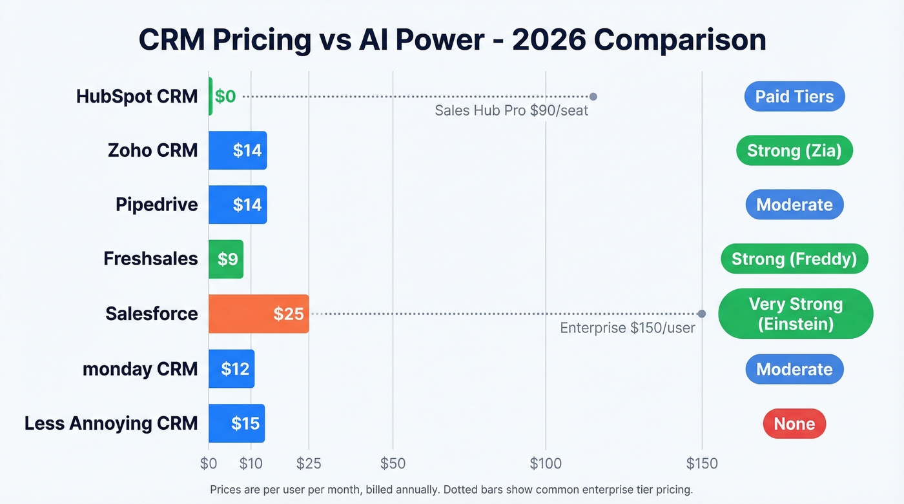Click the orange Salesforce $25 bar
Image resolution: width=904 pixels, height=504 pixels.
258,314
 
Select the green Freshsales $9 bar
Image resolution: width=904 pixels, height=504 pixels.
226,259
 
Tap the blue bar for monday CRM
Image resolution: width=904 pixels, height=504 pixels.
231,369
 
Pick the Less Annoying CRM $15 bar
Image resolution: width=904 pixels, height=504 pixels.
236,423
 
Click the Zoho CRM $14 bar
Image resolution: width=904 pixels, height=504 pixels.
238,150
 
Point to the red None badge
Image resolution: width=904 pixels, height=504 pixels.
794,424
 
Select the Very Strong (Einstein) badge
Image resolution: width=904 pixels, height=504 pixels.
795,314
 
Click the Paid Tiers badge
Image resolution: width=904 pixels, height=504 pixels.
794,97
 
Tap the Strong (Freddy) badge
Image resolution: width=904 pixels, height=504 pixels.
794,259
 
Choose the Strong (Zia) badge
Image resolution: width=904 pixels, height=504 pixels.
794,151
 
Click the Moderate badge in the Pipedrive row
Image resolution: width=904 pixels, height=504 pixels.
794,205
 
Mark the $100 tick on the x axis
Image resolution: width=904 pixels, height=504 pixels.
546,463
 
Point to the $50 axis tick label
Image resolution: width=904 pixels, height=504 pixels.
393,463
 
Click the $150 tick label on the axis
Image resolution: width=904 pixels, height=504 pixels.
702,463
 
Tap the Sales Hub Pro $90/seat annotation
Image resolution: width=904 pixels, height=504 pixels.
511,110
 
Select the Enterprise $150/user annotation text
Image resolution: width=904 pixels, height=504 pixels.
627,328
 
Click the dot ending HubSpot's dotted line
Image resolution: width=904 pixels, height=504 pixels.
593,97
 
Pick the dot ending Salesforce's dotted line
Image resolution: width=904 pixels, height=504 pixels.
702,314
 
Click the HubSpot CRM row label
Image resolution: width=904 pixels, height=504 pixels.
137,97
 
